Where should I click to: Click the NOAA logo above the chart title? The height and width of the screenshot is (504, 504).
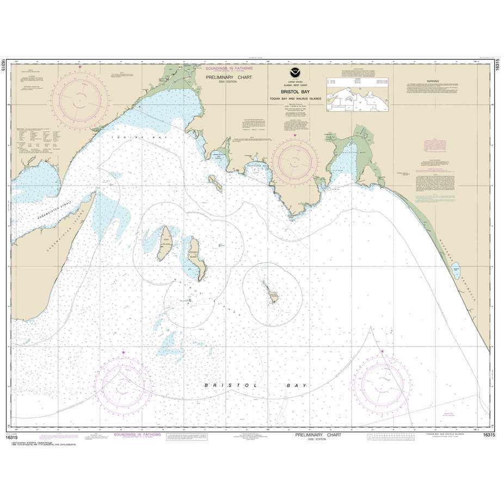point(294,78)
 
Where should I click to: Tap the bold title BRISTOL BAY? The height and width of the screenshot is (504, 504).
point(294,93)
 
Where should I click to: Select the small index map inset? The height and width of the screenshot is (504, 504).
point(358,96)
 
